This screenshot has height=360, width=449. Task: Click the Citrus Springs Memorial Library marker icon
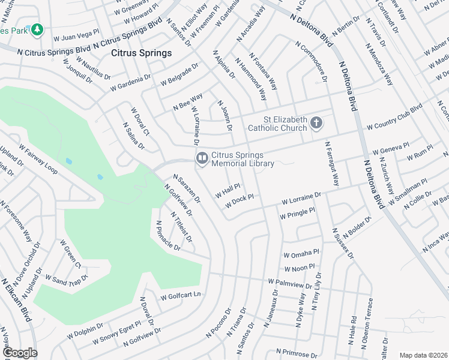coord(202,158)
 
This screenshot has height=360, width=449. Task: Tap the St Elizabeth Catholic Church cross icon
coord(316,124)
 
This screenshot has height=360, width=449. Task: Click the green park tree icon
coord(37,29)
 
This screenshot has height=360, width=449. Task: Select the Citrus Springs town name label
coord(141,53)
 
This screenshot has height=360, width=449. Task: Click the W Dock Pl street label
coord(240,201)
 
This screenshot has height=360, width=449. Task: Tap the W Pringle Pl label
coord(297,213)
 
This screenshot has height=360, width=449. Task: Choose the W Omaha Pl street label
coord(301,253)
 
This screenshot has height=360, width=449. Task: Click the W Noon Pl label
coord(300,269)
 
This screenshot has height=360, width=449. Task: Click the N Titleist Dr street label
coord(181,227)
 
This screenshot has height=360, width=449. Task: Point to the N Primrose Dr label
coord(304,351)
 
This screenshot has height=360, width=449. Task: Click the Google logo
coord(19,353)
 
